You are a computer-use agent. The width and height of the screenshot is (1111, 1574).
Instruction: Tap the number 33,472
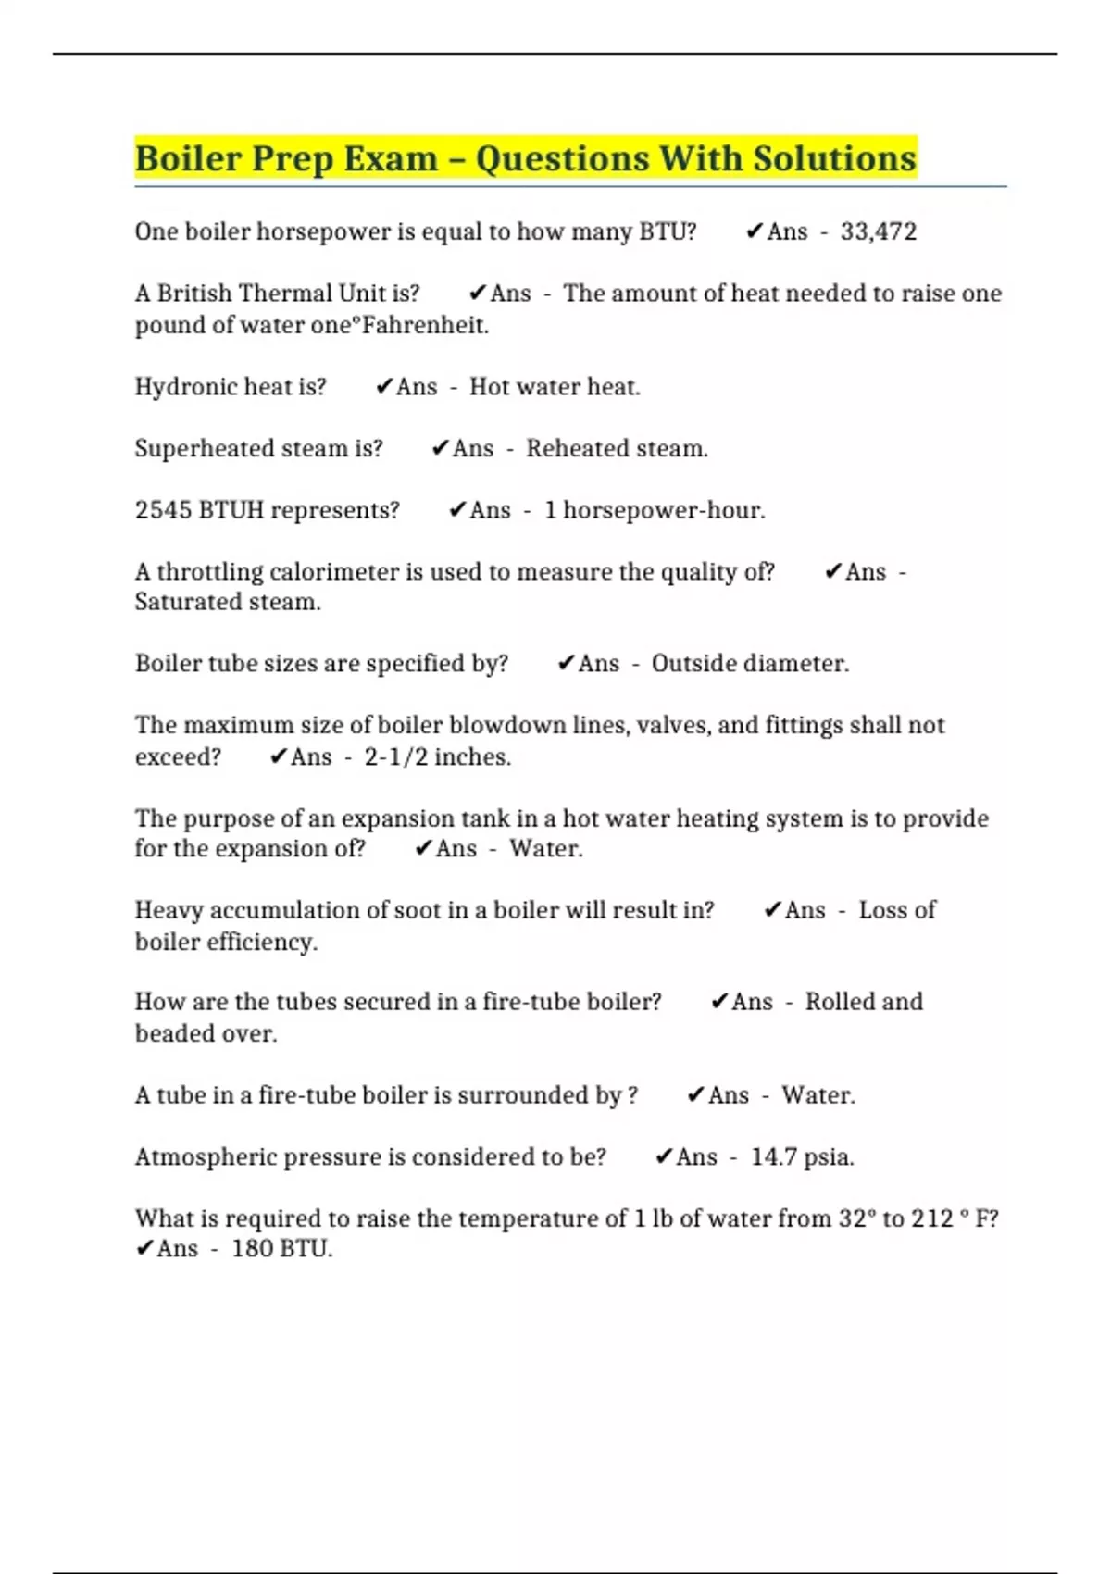pos(878,231)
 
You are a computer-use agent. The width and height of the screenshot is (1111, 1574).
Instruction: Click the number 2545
pos(163,510)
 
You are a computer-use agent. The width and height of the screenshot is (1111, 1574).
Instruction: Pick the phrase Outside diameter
pos(749,663)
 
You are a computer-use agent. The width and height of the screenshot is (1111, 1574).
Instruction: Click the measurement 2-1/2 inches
pos(437,756)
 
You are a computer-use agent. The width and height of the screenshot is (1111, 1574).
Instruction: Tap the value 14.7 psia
pos(802,1156)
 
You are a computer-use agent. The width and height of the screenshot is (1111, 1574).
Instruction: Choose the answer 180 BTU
pos(281,1249)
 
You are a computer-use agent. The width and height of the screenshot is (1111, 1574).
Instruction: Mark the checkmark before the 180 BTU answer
pos(144,1249)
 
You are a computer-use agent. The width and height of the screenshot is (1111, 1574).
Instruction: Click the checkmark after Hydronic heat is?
pos(383,386)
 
